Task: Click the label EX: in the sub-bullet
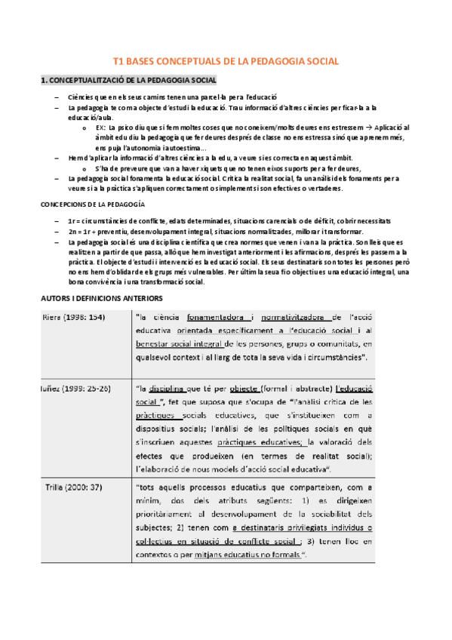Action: pos(101,128)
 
